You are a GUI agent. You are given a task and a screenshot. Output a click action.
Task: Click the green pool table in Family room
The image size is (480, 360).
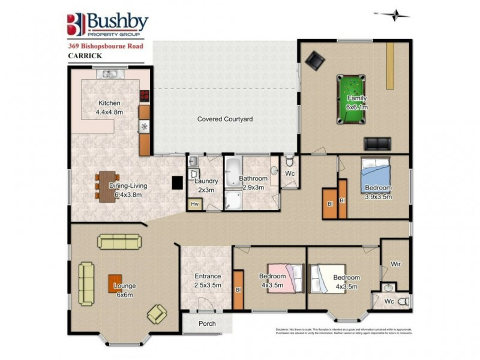click(352, 100)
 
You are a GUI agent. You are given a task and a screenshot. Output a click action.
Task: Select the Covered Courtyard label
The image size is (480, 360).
click(225, 119)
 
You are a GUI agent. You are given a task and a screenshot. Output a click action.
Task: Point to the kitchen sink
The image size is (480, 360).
click(110, 75)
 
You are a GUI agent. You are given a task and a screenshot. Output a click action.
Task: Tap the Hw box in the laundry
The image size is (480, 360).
click(194, 205)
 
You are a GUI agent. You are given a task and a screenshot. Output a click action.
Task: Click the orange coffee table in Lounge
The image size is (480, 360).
click(116, 282)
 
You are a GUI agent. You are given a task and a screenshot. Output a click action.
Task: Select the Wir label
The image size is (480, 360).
click(395, 263)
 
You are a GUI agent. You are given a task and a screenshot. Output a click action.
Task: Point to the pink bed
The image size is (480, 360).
click(281, 278)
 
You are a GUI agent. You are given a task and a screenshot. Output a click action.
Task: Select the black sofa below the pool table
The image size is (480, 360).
click(377, 144)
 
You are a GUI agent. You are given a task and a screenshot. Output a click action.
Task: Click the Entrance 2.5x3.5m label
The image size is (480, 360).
click(208, 280)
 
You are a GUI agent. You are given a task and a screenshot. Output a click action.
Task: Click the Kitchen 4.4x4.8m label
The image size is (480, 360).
click(109, 106)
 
